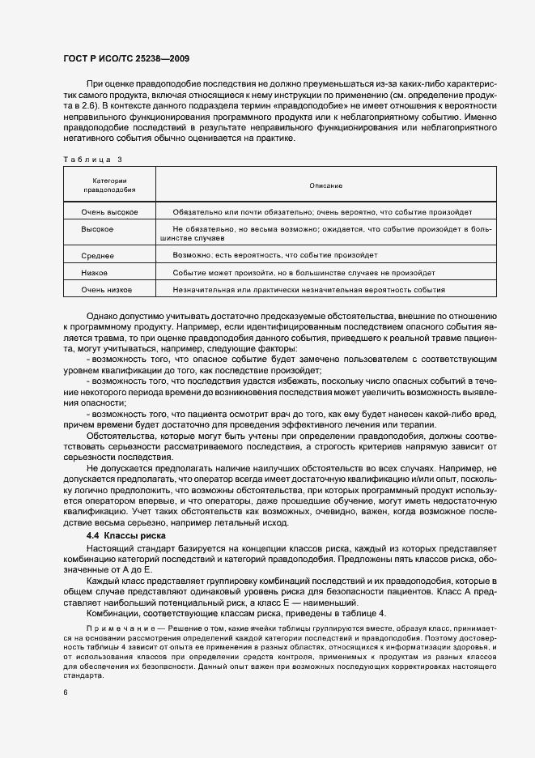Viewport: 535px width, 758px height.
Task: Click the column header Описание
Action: click(325, 185)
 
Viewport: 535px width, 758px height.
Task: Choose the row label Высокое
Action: click(97, 229)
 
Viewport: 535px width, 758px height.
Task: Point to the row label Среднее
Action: click(97, 255)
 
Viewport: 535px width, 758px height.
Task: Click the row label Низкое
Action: click(95, 272)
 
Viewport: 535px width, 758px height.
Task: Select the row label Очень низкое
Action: click(106, 289)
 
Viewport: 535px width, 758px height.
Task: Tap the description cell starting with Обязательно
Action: click(322, 212)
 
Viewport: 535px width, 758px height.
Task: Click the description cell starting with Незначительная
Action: click(308, 289)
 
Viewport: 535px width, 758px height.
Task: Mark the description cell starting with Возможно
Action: click(274, 255)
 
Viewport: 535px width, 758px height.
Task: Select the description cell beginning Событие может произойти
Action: click(298, 272)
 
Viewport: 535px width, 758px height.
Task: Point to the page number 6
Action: click(66, 692)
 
